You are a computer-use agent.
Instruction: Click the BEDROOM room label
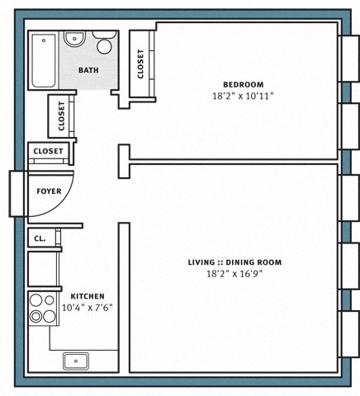pos(243,84)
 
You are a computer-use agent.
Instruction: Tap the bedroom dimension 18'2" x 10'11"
pos(243,96)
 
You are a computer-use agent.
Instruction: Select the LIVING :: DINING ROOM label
pos(234,262)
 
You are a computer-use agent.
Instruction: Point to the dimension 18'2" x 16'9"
pos(234,274)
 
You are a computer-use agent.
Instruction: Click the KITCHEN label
pos(88,296)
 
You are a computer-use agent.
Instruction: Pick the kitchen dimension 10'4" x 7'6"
pos(88,308)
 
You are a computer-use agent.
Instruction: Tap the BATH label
pos(88,70)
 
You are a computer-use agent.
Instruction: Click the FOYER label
pos(49,191)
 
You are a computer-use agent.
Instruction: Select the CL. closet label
pos(40,238)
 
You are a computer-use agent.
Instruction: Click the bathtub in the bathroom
pos(44,60)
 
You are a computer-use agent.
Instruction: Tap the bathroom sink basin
pos(74,38)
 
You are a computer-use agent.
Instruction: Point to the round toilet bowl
pos(104,46)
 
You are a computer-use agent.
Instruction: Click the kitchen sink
pos(76,361)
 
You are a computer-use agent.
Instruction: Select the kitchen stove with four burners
pos(43,309)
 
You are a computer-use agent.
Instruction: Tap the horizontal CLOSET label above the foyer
pos(48,151)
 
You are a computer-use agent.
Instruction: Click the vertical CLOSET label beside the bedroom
pos(140,64)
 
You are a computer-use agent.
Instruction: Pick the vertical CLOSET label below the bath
pos(61,116)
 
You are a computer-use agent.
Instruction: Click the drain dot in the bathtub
pos(44,40)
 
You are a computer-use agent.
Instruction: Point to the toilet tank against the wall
pos(104,35)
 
